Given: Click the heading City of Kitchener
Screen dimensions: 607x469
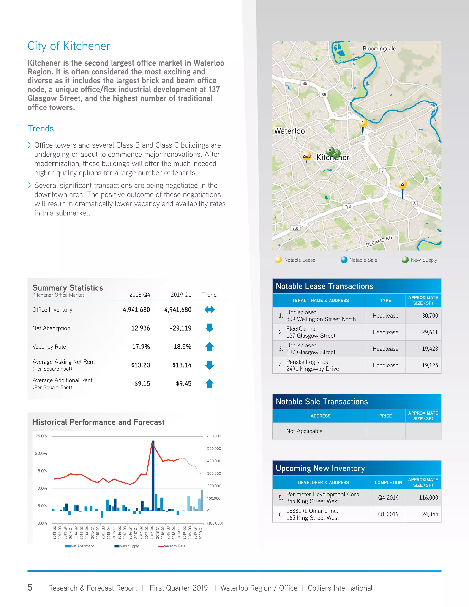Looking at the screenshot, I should coord(69,46).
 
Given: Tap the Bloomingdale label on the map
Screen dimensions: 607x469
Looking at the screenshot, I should coord(379,49).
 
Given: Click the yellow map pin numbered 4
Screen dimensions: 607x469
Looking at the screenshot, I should coord(402,185).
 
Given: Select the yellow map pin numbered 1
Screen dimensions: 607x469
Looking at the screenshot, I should coord(362,123).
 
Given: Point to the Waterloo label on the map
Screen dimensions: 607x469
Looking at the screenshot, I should coord(289,131).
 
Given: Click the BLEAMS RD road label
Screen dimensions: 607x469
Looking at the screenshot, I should coord(379,241).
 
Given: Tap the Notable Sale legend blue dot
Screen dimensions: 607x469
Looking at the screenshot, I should coord(344,260).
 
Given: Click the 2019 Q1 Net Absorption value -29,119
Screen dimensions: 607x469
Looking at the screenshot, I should coord(181,328).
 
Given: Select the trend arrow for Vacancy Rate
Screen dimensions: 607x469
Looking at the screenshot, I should coord(209,347).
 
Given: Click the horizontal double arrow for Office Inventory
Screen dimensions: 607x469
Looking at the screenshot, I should coord(209,310).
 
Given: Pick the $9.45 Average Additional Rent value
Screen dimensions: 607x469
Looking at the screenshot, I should coord(183,384).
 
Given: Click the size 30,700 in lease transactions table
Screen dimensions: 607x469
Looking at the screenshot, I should coord(430,316).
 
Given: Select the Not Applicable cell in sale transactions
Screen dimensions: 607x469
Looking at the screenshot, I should coord(304,431).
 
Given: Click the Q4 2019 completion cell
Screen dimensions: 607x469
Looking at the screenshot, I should coord(388,498).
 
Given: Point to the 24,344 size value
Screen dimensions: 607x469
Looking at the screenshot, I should coord(430,514).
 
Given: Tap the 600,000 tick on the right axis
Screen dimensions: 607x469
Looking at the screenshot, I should coord(214,436).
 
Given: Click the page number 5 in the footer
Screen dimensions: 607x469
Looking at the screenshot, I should coord(30,587).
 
